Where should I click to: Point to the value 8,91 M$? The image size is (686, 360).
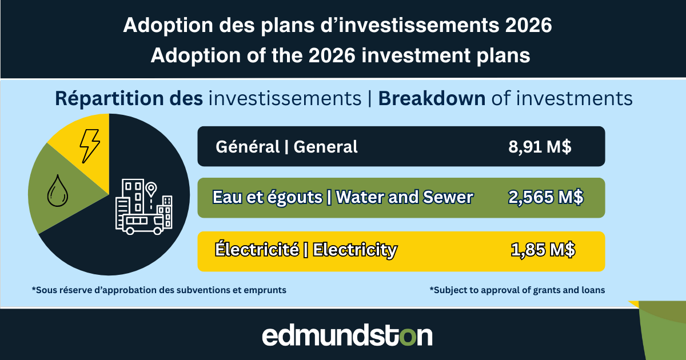click(x=540, y=147)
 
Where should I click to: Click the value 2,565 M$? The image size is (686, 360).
click(x=545, y=198)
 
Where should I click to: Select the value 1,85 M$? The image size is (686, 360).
click(x=543, y=250)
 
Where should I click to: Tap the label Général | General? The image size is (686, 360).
click(x=286, y=147)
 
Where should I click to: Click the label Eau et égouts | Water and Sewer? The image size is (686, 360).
click(x=342, y=198)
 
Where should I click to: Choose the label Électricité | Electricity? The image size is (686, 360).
click(x=305, y=250)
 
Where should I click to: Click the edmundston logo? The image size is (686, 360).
click(x=347, y=335)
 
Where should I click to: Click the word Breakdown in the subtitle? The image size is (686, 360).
click(x=432, y=99)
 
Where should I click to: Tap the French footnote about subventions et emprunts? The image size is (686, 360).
click(x=159, y=290)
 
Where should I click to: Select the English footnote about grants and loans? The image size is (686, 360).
click(x=517, y=290)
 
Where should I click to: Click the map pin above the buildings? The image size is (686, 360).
click(x=150, y=189)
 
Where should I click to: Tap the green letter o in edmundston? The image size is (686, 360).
click(x=408, y=337)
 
